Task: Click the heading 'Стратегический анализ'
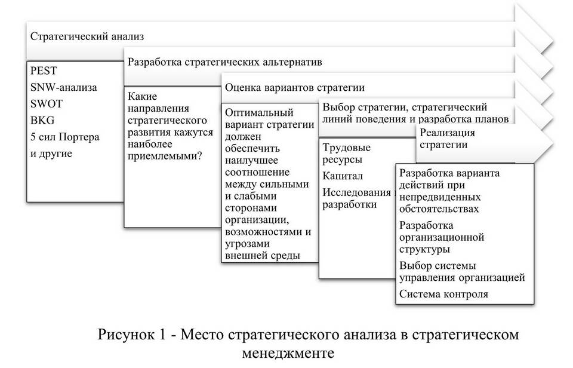click(87, 36)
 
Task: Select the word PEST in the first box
click(44, 70)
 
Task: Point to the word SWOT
click(46, 103)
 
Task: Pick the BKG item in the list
click(42, 120)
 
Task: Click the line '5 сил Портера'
click(64, 137)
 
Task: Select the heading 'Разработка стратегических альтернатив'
click(224, 62)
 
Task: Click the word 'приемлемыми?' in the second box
click(165, 157)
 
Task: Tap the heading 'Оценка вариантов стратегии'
click(294, 87)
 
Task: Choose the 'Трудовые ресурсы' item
click(346, 154)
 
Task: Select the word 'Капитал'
click(343, 176)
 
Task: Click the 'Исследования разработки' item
click(356, 198)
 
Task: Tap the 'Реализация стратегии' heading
click(447, 138)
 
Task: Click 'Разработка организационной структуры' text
click(441, 237)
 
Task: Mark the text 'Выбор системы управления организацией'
click(461, 271)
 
